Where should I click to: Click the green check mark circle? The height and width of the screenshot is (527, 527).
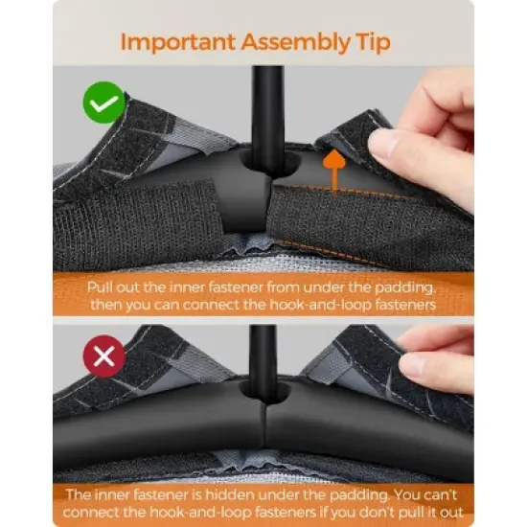[x=104, y=103]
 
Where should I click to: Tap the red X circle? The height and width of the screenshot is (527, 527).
[x=104, y=356]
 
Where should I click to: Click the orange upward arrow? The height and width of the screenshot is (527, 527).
[x=334, y=172]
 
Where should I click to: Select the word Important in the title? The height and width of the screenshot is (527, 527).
[x=178, y=42]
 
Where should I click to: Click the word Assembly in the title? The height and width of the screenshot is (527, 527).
[x=296, y=43]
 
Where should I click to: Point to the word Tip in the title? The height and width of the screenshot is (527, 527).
[x=373, y=43]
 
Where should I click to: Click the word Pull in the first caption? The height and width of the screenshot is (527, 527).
[x=97, y=287]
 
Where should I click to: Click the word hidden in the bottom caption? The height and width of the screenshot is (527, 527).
[x=230, y=494]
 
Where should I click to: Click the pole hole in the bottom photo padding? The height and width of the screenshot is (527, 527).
[x=264, y=390]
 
